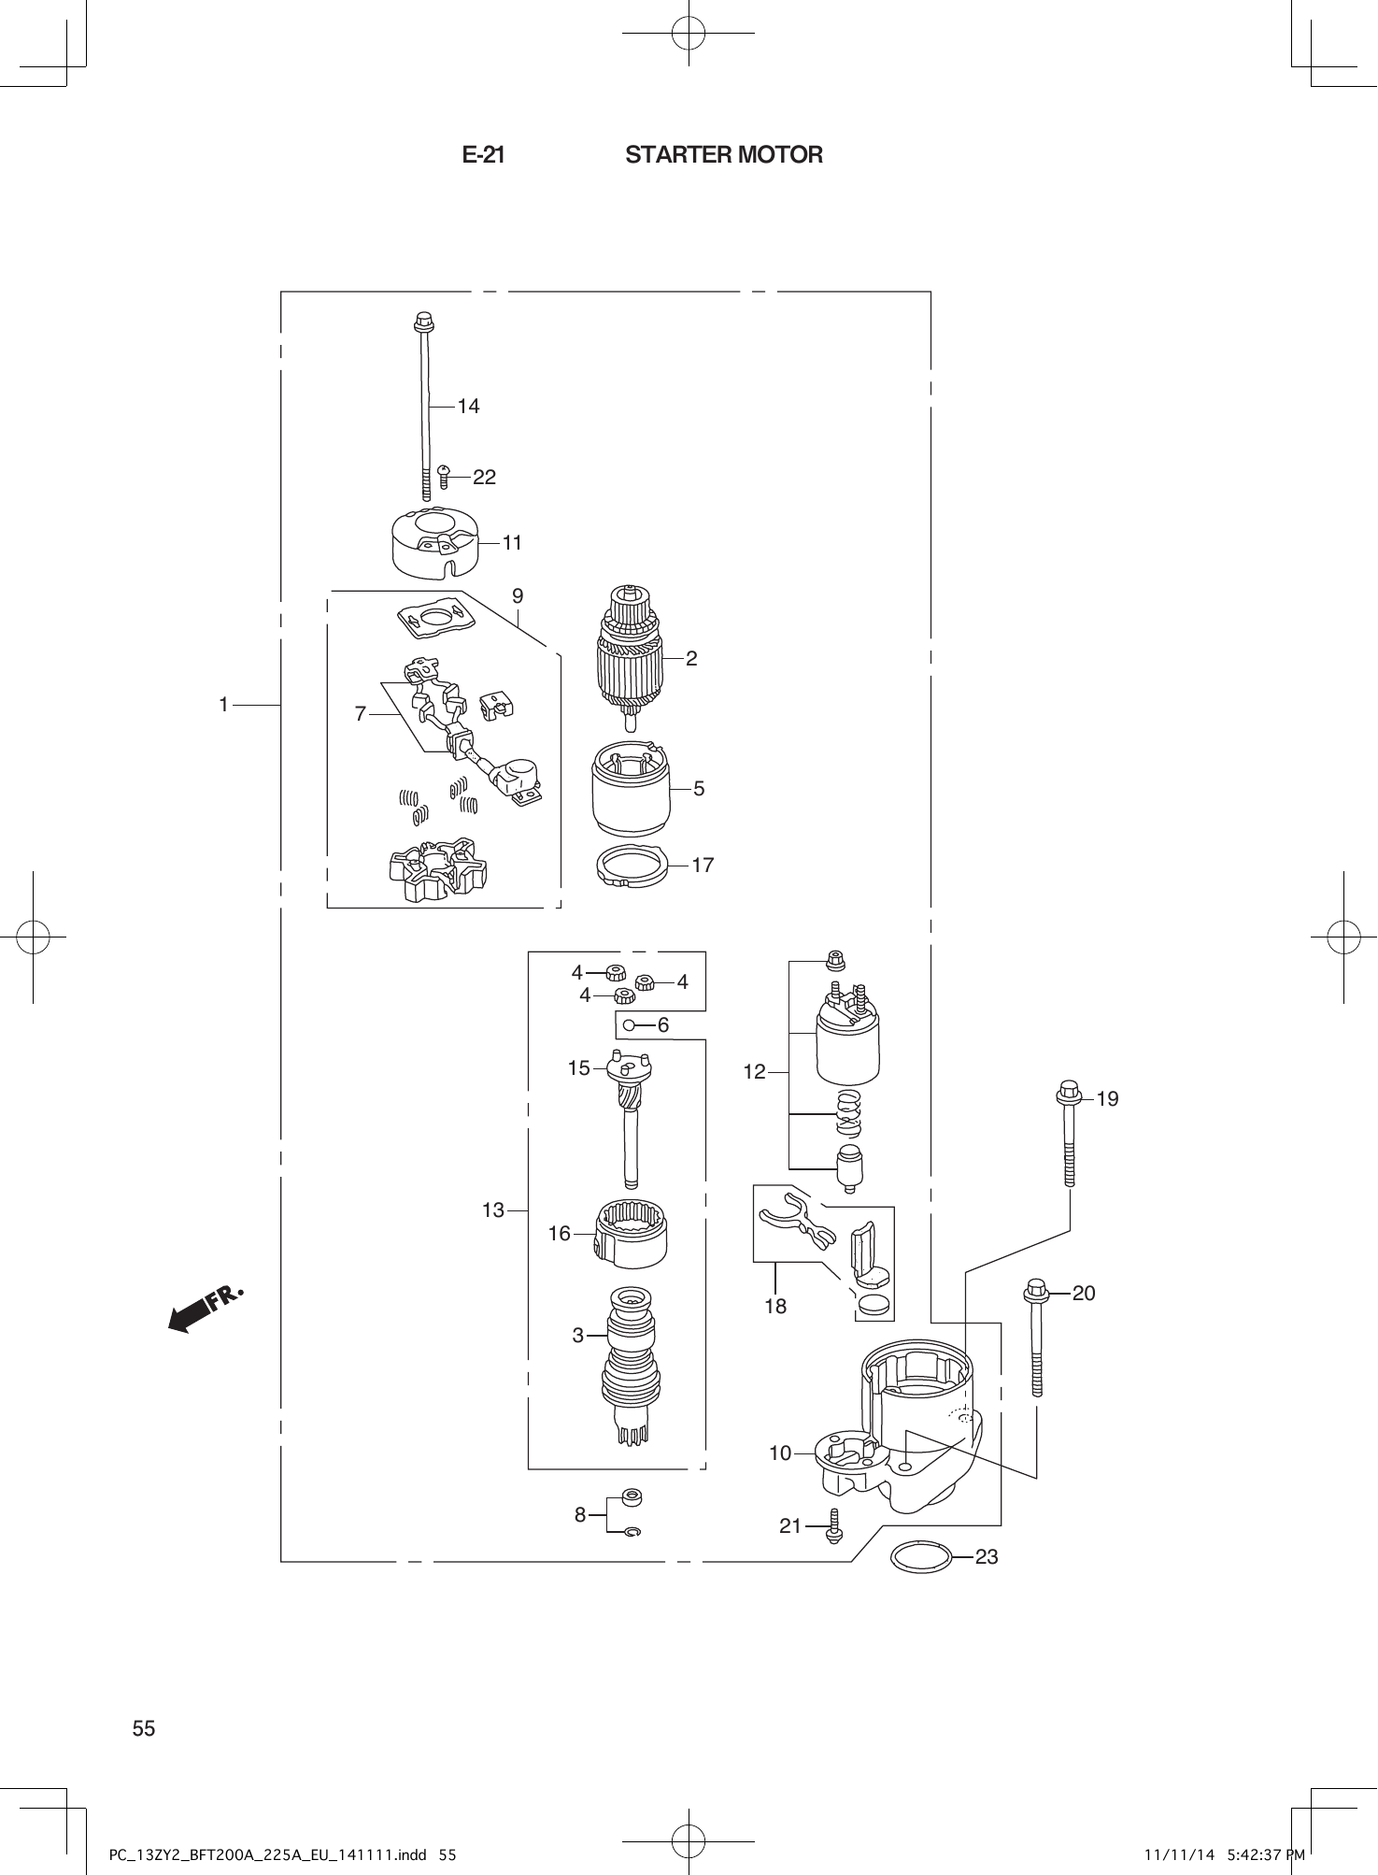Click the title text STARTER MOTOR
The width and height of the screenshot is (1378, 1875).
click(x=724, y=155)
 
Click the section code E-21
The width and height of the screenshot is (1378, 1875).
click(x=483, y=155)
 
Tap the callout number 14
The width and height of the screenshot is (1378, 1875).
click(x=468, y=406)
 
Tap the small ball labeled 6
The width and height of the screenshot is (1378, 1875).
click(x=630, y=1025)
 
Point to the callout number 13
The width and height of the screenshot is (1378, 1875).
click(x=493, y=1210)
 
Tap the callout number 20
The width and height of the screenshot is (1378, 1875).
click(x=1084, y=1293)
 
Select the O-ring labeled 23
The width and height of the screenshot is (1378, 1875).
click(x=922, y=1556)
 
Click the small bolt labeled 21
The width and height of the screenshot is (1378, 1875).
click(x=834, y=1525)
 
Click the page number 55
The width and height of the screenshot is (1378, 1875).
click(x=144, y=1728)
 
